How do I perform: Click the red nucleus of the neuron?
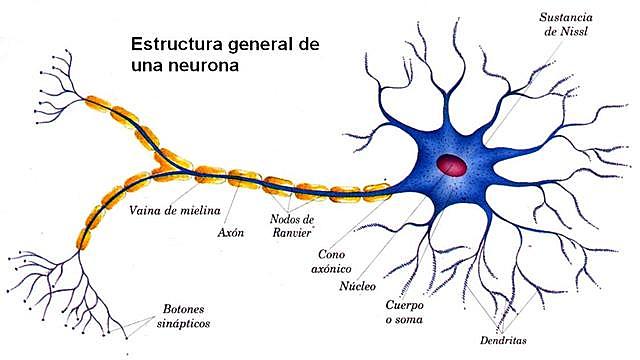[x=452, y=164]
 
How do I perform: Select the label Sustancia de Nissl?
[x=566, y=25]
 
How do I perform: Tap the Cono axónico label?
[x=337, y=261]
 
